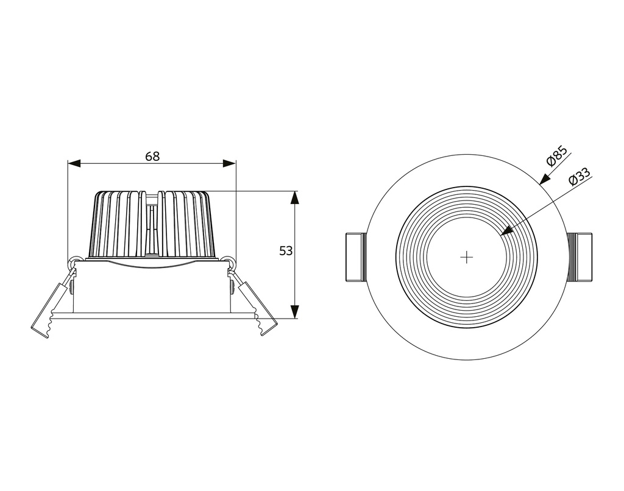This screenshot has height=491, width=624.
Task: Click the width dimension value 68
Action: pyautogui.click(x=152, y=156)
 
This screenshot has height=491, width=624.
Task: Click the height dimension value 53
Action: pyautogui.click(x=286, y=250)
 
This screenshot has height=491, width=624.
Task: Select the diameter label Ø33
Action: pyautogui.click(x=579, y=177)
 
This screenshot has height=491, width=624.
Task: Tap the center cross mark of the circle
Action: pyautogui.click(x=466, y=257)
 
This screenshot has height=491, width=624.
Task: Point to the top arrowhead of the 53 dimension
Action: pyautogui.click(x=295, y=197)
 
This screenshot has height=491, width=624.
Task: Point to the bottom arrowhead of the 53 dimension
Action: pyautogui.click(x=295, y=312)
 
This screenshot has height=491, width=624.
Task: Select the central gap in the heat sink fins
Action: pyautogui.click(x=152, y=225)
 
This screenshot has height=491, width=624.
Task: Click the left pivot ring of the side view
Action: pyautogui.click(x=75, y=261)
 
